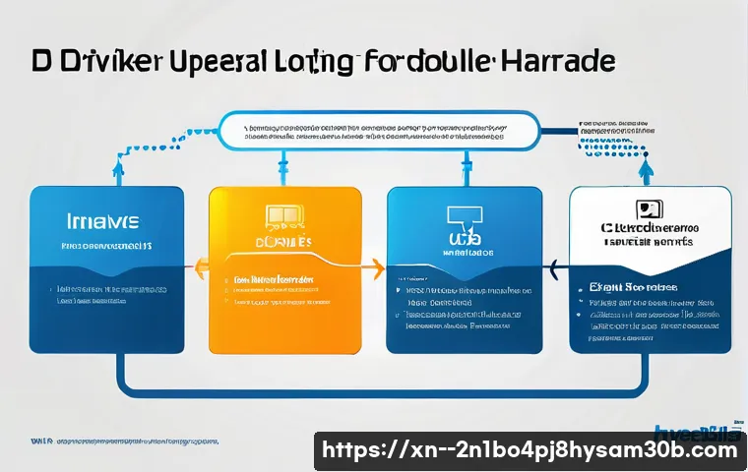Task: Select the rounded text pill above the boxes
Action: tap(378, 132)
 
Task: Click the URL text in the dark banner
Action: tap(530, 450)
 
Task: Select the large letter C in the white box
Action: tap(608, 228)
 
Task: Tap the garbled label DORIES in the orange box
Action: tap(284, 242)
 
